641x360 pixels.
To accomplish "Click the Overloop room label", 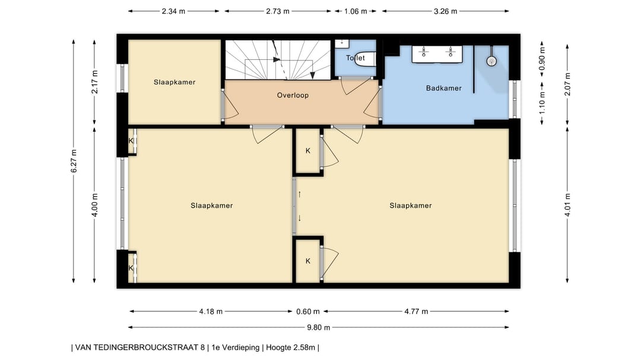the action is (293, 95).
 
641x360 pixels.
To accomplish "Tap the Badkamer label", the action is (443, 88).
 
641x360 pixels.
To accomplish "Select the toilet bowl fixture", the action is (364, 59).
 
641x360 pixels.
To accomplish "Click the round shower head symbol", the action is (491, 61).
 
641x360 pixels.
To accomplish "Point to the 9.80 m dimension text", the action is (319, 327).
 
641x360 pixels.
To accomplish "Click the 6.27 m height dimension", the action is (74, 161).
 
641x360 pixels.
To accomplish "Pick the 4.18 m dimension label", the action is (211, 311).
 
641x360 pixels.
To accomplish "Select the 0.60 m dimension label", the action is (308, 311).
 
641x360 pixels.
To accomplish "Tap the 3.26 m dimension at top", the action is (445, 11).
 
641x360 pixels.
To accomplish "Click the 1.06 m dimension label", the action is (356, 11).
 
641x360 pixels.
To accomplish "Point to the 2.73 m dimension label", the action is (278, 11).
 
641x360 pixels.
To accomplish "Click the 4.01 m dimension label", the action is (567, 205).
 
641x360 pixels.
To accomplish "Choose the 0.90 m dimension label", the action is (542, 59).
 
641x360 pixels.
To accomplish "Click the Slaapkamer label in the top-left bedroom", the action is (174, 82).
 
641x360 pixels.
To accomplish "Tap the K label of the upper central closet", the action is (308, 151).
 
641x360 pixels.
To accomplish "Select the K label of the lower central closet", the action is (308, 261).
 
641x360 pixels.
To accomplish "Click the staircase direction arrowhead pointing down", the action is (313, 75).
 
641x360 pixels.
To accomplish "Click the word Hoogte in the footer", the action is (278, 348).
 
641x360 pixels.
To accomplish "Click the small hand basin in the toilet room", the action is (342, 43).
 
